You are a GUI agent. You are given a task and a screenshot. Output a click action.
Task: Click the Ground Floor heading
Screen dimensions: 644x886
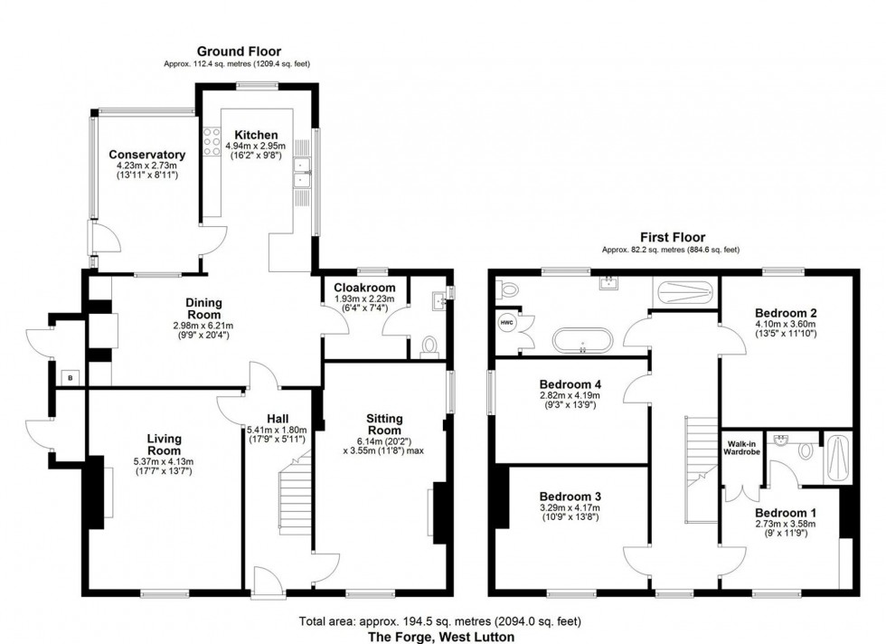(239, 52)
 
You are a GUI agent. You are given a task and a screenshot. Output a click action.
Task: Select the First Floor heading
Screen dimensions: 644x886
(672, 237)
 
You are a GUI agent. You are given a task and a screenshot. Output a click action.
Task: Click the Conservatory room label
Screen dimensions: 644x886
(146, 155)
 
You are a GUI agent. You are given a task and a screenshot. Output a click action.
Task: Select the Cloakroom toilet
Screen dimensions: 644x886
(430, 346)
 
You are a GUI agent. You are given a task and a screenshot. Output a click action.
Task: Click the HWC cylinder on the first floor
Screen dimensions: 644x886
(503, 326)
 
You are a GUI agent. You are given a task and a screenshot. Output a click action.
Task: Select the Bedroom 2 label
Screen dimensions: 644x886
(786, 313)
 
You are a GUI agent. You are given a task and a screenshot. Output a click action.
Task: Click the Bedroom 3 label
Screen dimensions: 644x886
(570, 497)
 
